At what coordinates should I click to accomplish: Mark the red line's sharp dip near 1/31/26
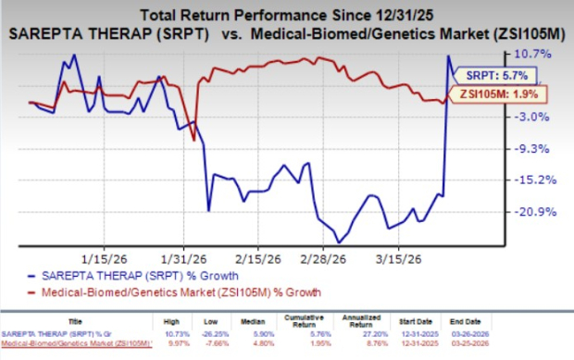coord(193,140)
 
